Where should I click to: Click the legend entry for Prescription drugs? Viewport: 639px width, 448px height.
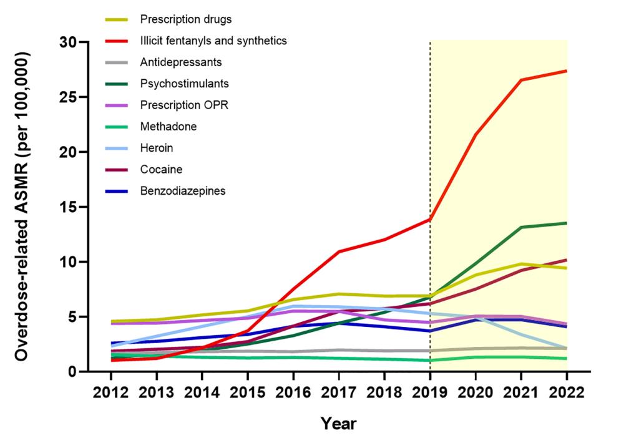(177, 19)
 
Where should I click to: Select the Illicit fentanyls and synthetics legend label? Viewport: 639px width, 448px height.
(213, 41)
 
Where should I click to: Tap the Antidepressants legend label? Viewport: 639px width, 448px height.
(181, 62)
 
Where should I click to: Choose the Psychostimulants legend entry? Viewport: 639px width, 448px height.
(185, 84)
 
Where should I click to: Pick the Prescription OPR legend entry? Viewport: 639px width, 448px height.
(184, 105)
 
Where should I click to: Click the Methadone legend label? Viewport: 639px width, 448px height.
(168, 127)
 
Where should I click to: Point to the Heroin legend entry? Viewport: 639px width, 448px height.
(157, 148)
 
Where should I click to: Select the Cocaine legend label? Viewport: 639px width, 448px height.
(161, 169)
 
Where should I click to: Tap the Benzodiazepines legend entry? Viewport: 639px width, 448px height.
(183, 190)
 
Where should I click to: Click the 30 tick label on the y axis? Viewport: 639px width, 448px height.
(68, 42)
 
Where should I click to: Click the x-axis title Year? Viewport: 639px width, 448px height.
(338, 424)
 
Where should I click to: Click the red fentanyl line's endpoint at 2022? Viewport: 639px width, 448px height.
(567, 71)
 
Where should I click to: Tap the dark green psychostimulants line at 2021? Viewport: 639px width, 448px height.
(521, 227)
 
